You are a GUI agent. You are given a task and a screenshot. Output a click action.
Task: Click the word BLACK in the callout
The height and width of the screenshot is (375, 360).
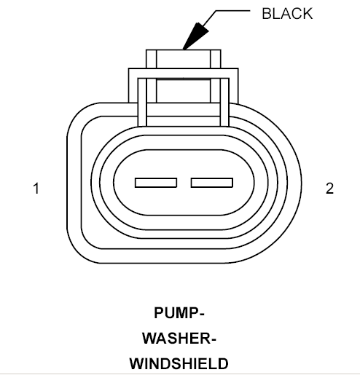pyautogui.click(x=287, y=14)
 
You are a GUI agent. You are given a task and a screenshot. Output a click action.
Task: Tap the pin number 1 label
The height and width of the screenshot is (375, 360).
pyautogui.click(x=36, y=189)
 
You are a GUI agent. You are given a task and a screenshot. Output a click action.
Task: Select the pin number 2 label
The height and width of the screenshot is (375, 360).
pyautogui.click(x=329, y=189)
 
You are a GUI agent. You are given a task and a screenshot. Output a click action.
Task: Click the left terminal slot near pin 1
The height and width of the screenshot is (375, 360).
pyautogui.click(x=156, y=183)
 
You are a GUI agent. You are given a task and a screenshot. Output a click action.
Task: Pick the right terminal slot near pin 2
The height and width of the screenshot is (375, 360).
pyautogui.click(x=212, y=183)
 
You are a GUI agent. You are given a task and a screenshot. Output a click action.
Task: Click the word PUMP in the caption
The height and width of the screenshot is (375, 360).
pyautogui.click(x=176, y=313)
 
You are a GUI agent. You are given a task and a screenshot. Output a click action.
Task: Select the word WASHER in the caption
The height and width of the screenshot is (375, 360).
pyautogui.click(x=176, y=339)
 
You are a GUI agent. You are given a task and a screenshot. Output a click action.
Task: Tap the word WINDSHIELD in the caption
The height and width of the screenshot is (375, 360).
pyautogui.click(x=179, y=364)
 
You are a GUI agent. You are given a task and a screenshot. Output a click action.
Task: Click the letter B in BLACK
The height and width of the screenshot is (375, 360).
pyautogui.click(x=267, y=14)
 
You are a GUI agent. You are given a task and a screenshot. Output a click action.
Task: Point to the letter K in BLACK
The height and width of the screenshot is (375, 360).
pyautogui.click(x=308, y=14)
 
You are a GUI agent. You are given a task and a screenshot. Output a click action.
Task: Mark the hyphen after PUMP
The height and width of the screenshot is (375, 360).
pyautogui.click(x=201, y=315)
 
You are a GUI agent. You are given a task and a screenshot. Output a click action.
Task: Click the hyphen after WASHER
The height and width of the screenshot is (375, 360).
pyautogui.click(x=213, y=340)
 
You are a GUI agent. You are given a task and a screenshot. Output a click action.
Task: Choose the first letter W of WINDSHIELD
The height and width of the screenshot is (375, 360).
pyautogui.click(x=137, y=364)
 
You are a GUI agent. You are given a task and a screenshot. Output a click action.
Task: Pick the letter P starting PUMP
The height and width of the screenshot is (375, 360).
pyautogui.click(x=159, y=313)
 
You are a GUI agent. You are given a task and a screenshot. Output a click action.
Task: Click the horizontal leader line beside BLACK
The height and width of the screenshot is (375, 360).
pyautogui.click(x=232, y=11)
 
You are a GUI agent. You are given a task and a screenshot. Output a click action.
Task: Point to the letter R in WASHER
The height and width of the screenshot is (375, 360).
pyautogui.click(x=206, y=339)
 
